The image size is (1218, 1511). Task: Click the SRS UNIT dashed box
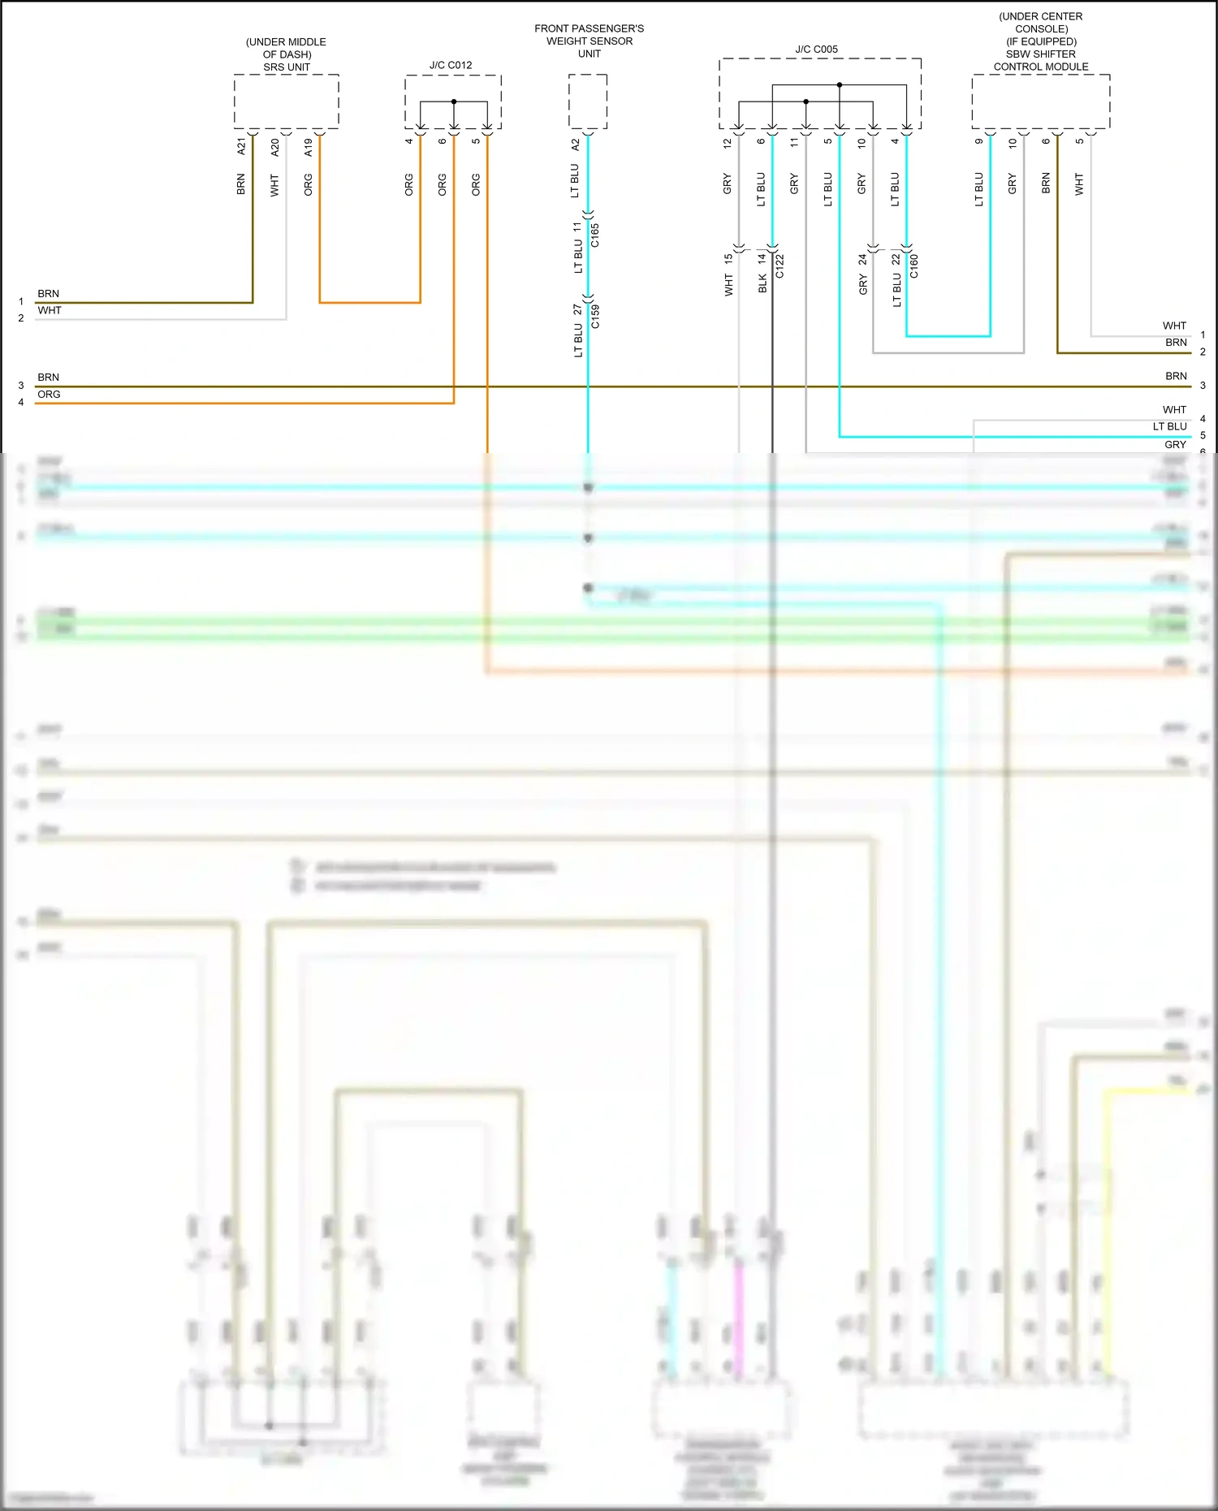tap(286, 101)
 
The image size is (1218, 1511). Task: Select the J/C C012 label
tap(451, 65)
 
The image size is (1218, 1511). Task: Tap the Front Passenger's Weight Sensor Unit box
tap(588, 101)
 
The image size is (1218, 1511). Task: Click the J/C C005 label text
tap(816, 50)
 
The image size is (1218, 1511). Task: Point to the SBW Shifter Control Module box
tap(1040, 101)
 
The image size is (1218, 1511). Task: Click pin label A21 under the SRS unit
tap(241, 146)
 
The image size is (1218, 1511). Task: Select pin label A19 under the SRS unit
tap(309, 147)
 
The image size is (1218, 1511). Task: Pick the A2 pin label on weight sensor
tap(576, 145)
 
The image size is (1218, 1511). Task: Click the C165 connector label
tap(595, 235)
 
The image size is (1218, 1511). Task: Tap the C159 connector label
tap(595, 316)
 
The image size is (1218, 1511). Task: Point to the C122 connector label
tap(780, 266)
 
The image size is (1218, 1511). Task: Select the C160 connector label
tap(914, 266)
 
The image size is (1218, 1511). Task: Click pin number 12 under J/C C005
tap(728, 142)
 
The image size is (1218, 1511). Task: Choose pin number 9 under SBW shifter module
tap(979, 141)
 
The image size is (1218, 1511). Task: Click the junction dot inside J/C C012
tap(454, 101)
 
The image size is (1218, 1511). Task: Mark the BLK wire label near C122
tap(762, 283)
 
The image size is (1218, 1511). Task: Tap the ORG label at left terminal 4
tap(49, 395)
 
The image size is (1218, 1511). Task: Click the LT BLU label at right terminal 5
tap(1169, 426)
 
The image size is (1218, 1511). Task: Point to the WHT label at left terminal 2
tap(49, 310)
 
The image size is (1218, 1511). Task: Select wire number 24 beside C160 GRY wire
tap(862, 260)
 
